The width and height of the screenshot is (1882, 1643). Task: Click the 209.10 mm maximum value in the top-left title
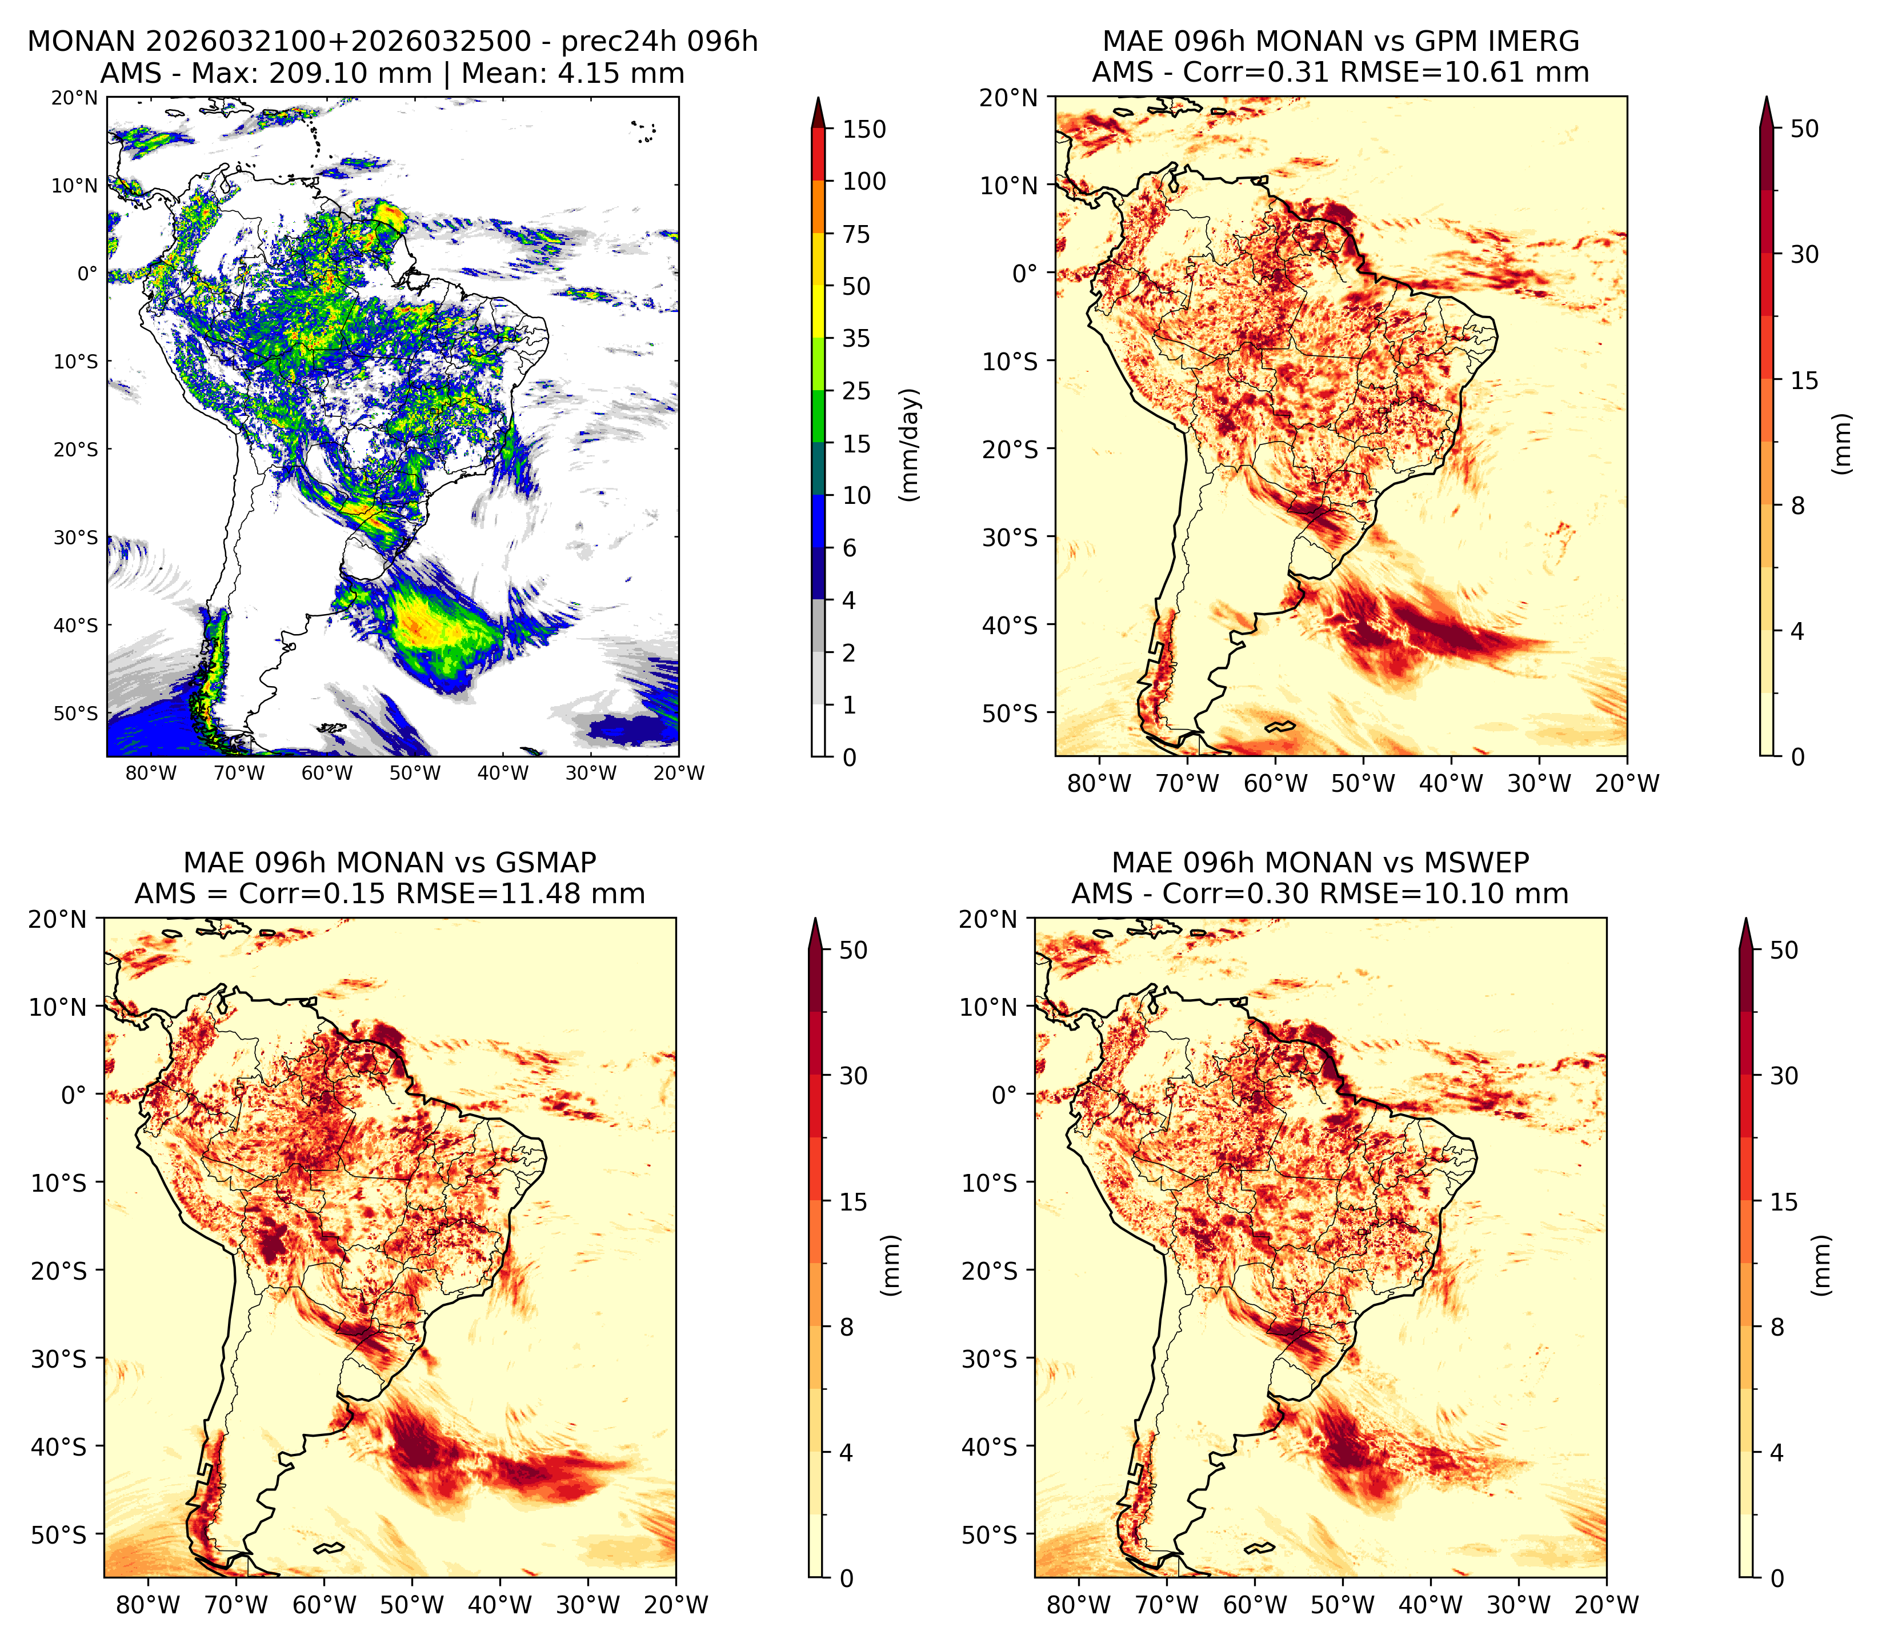[350, 73]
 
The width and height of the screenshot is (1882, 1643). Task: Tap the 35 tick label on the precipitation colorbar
[856, 338]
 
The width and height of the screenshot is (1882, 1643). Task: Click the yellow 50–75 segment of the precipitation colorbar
[819, 259]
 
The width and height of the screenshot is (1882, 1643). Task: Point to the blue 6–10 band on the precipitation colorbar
[819, 522]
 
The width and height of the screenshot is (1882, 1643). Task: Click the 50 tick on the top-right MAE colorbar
[1803, 129]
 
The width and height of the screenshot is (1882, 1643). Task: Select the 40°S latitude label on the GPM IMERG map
[1010, 626]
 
